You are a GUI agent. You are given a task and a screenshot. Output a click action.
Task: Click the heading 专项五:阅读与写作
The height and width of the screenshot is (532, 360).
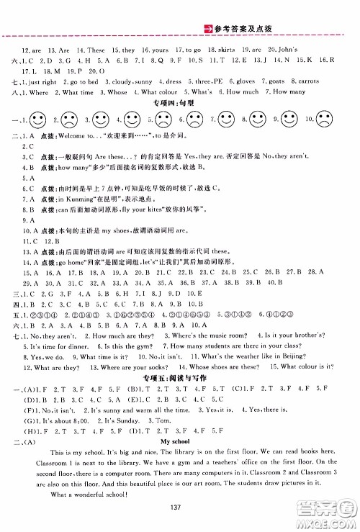180,365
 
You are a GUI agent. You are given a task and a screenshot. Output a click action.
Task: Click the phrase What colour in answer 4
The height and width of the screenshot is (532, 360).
162,93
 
